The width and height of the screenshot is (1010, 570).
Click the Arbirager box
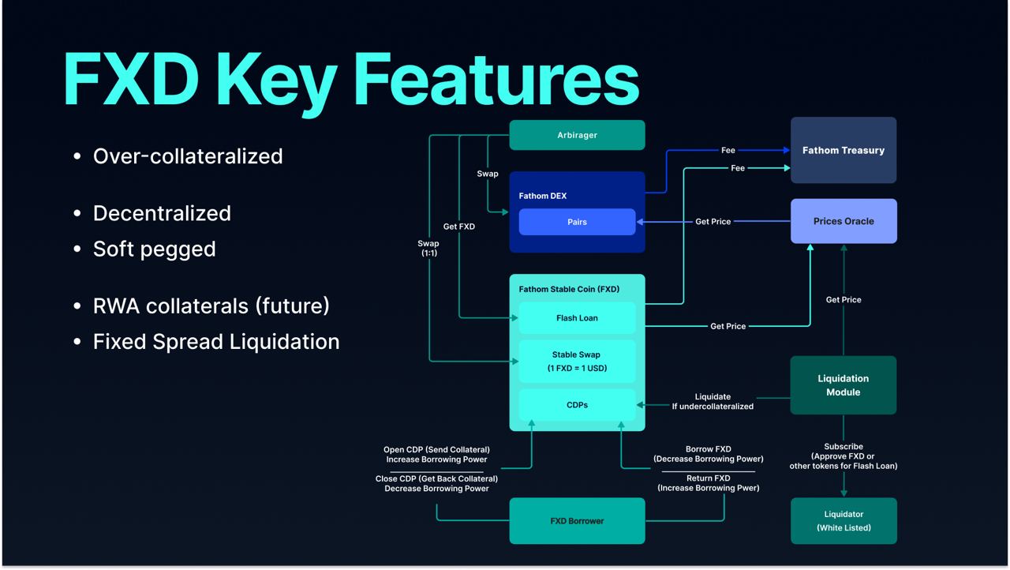point(577,135)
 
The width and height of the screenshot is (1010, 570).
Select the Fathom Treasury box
point(844,150)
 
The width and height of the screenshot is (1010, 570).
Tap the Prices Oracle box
point(844,221)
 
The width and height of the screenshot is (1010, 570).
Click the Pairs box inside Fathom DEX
point(577,222)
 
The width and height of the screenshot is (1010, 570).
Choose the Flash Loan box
point(577,318)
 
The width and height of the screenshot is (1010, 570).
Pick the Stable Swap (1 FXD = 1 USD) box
point(577,362)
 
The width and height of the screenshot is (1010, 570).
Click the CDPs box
point(577,405)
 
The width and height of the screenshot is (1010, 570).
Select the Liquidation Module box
point(844,385)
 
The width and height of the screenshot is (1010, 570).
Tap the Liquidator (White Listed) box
point(844,521)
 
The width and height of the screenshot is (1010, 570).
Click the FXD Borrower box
point(577,521)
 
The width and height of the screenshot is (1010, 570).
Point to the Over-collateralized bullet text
point(188,156)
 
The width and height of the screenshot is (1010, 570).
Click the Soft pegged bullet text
point(155,249)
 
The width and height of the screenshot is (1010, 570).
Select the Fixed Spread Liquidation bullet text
point(216,342)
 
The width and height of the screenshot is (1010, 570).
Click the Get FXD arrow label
point(459,227)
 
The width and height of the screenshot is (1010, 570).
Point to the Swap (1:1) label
point(428,248)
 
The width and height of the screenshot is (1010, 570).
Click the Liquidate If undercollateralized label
point(713,401)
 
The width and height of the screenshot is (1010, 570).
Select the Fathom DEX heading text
point(543,196)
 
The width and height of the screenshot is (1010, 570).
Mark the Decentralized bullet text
point(162,213)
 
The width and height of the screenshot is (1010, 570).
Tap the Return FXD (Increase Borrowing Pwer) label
point(709,483)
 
